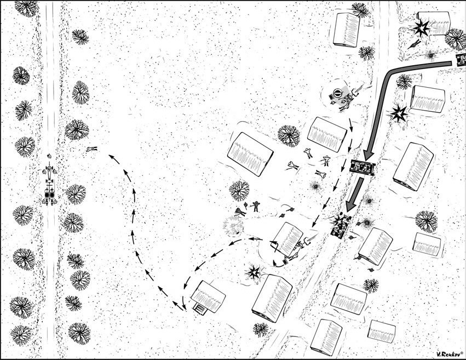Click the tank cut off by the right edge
[461, 60]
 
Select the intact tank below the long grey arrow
[363, 167]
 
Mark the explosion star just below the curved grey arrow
[398, 114]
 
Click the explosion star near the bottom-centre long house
[254, 272]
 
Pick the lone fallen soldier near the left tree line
[92, 148]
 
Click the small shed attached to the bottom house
[200, 309]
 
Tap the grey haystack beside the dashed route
[233, 225]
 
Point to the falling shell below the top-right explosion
[415, 44]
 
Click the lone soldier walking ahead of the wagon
[49, 156]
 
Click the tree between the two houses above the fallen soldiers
[289, 136]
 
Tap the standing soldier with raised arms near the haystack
[256, 207]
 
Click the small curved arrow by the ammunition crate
[278, 264]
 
